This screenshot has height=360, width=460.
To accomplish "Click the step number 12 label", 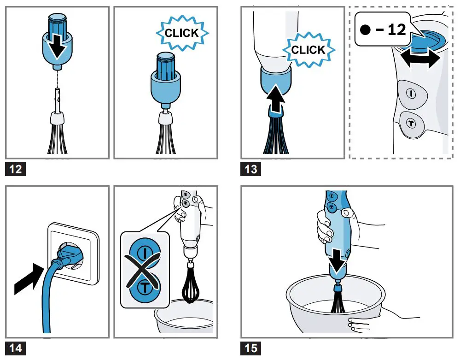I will click(x=15, y=169).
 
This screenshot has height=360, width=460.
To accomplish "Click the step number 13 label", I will click(x=251, y=169).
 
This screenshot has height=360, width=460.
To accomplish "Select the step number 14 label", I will click(x=15, y=348).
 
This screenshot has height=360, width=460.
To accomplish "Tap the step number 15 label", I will click(x=251, y=348).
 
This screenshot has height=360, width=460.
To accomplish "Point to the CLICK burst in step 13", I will click(x=308, y=49).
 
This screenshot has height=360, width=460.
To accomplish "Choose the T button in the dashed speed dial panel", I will click(x=411, y=123).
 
